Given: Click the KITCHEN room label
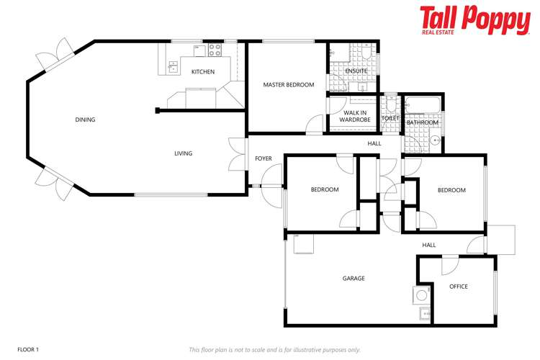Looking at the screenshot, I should [202, 72].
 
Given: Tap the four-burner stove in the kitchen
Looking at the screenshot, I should [215, 50].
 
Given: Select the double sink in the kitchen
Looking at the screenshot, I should [173, 68].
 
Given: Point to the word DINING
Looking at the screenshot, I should [85, 120].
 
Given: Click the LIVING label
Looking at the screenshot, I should [183, 153].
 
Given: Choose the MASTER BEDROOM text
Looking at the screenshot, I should [288, 85].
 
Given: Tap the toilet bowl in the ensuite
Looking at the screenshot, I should [367, 54].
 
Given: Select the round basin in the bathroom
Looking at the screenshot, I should [436, 141].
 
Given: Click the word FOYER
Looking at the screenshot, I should [264, 158].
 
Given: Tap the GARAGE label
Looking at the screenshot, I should [353, 278].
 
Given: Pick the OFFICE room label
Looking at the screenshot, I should [458, 287].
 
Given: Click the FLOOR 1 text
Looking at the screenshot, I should [28, 349].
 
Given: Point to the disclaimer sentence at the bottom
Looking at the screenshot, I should [274, 349].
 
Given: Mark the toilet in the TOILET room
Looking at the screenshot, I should [392, 107].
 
